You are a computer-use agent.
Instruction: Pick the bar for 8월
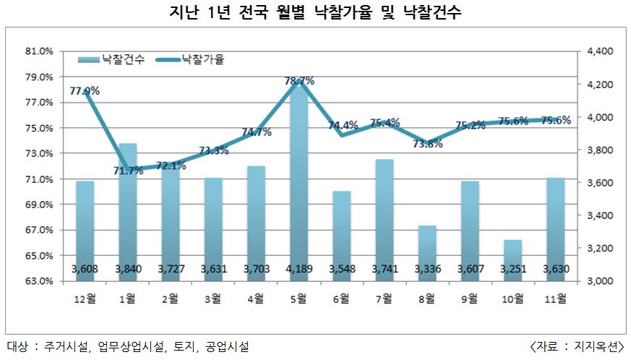(427, 253)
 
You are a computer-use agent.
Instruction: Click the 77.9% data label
(85, 91)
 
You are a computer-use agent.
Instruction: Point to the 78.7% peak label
(299, 82)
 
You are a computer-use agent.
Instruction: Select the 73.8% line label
(427, 143)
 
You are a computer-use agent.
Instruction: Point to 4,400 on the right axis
(599, 52)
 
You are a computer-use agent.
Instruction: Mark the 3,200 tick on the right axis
(599, 249)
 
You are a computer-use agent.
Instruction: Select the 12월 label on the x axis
(85, 298)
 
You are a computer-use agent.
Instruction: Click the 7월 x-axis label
(385, 298)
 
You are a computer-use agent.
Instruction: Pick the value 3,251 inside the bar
(512, 270)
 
